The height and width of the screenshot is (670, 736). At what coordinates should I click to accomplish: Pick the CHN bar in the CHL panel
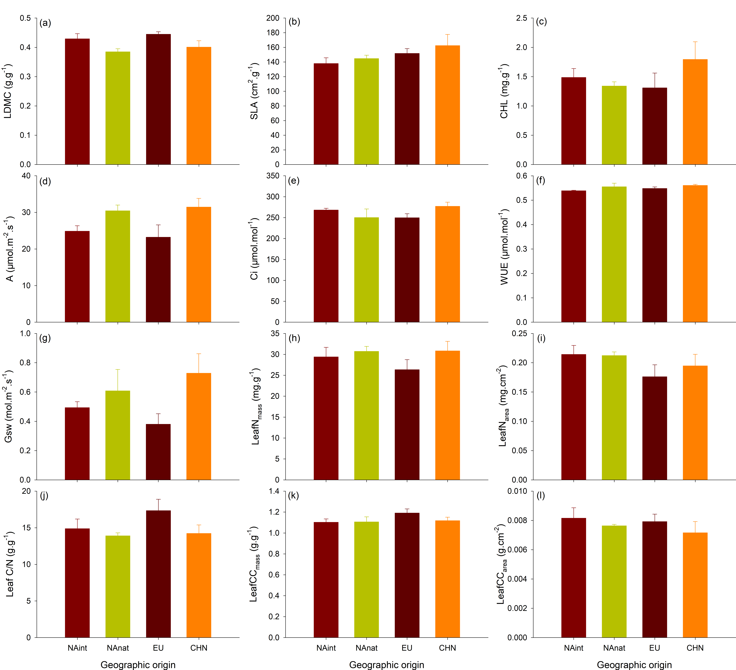pos(695,111)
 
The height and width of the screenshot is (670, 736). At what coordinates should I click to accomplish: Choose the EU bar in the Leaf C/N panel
pos(158,574)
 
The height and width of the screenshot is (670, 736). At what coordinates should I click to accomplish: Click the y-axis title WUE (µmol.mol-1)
pos(504,247)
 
